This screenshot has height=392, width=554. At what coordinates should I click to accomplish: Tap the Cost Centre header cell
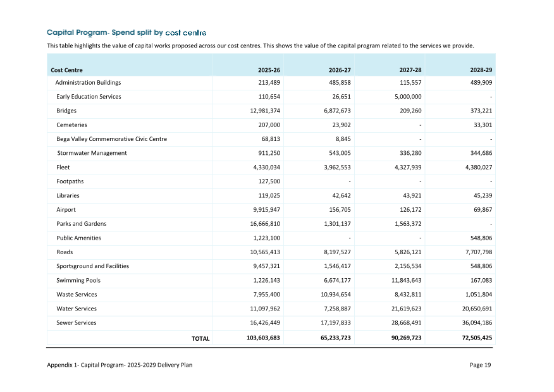coord(66,70)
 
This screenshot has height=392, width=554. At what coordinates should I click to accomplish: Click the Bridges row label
coord(66,111)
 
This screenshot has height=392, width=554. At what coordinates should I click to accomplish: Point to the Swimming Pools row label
coord(78,280)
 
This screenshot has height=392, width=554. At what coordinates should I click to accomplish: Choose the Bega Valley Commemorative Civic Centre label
coord(111,139)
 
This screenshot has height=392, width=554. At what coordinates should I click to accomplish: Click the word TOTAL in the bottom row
coord(200,339)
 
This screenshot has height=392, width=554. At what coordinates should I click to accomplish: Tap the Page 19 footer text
coord(480,365)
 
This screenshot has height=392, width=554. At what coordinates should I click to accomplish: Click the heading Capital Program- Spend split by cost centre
coord(126,32)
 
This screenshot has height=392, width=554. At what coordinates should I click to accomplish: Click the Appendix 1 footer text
coord(120,365)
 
